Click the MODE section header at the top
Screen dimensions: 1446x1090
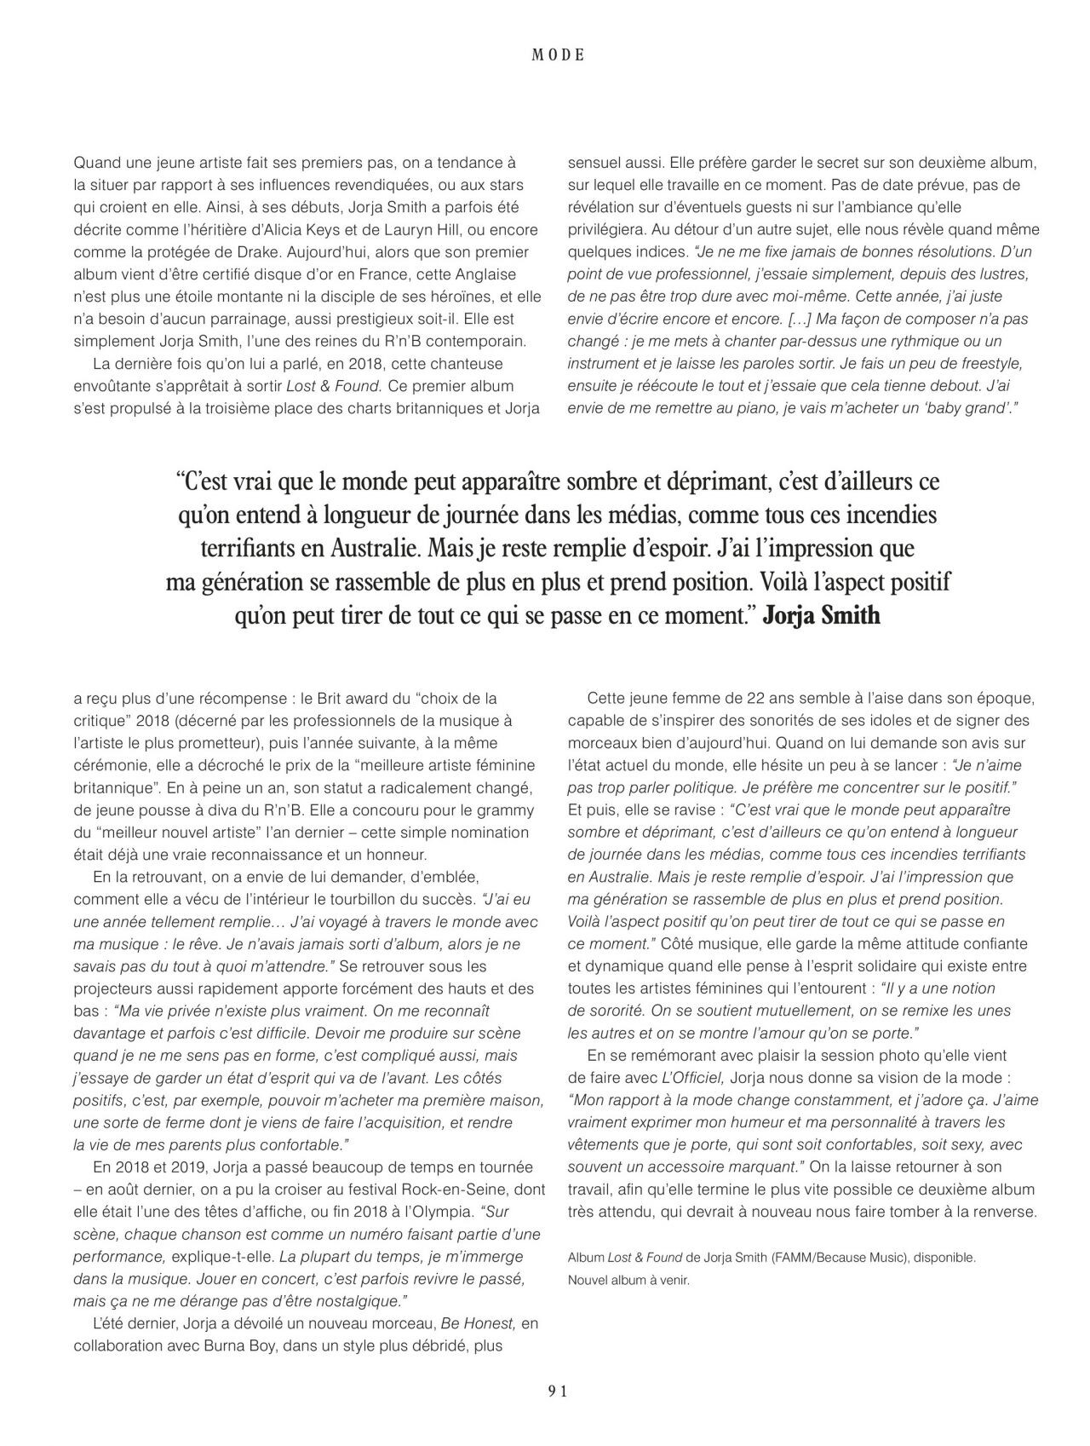[558, 55]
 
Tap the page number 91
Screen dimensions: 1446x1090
[558, 1391]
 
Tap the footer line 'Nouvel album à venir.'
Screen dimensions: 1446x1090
[628, 1279]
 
